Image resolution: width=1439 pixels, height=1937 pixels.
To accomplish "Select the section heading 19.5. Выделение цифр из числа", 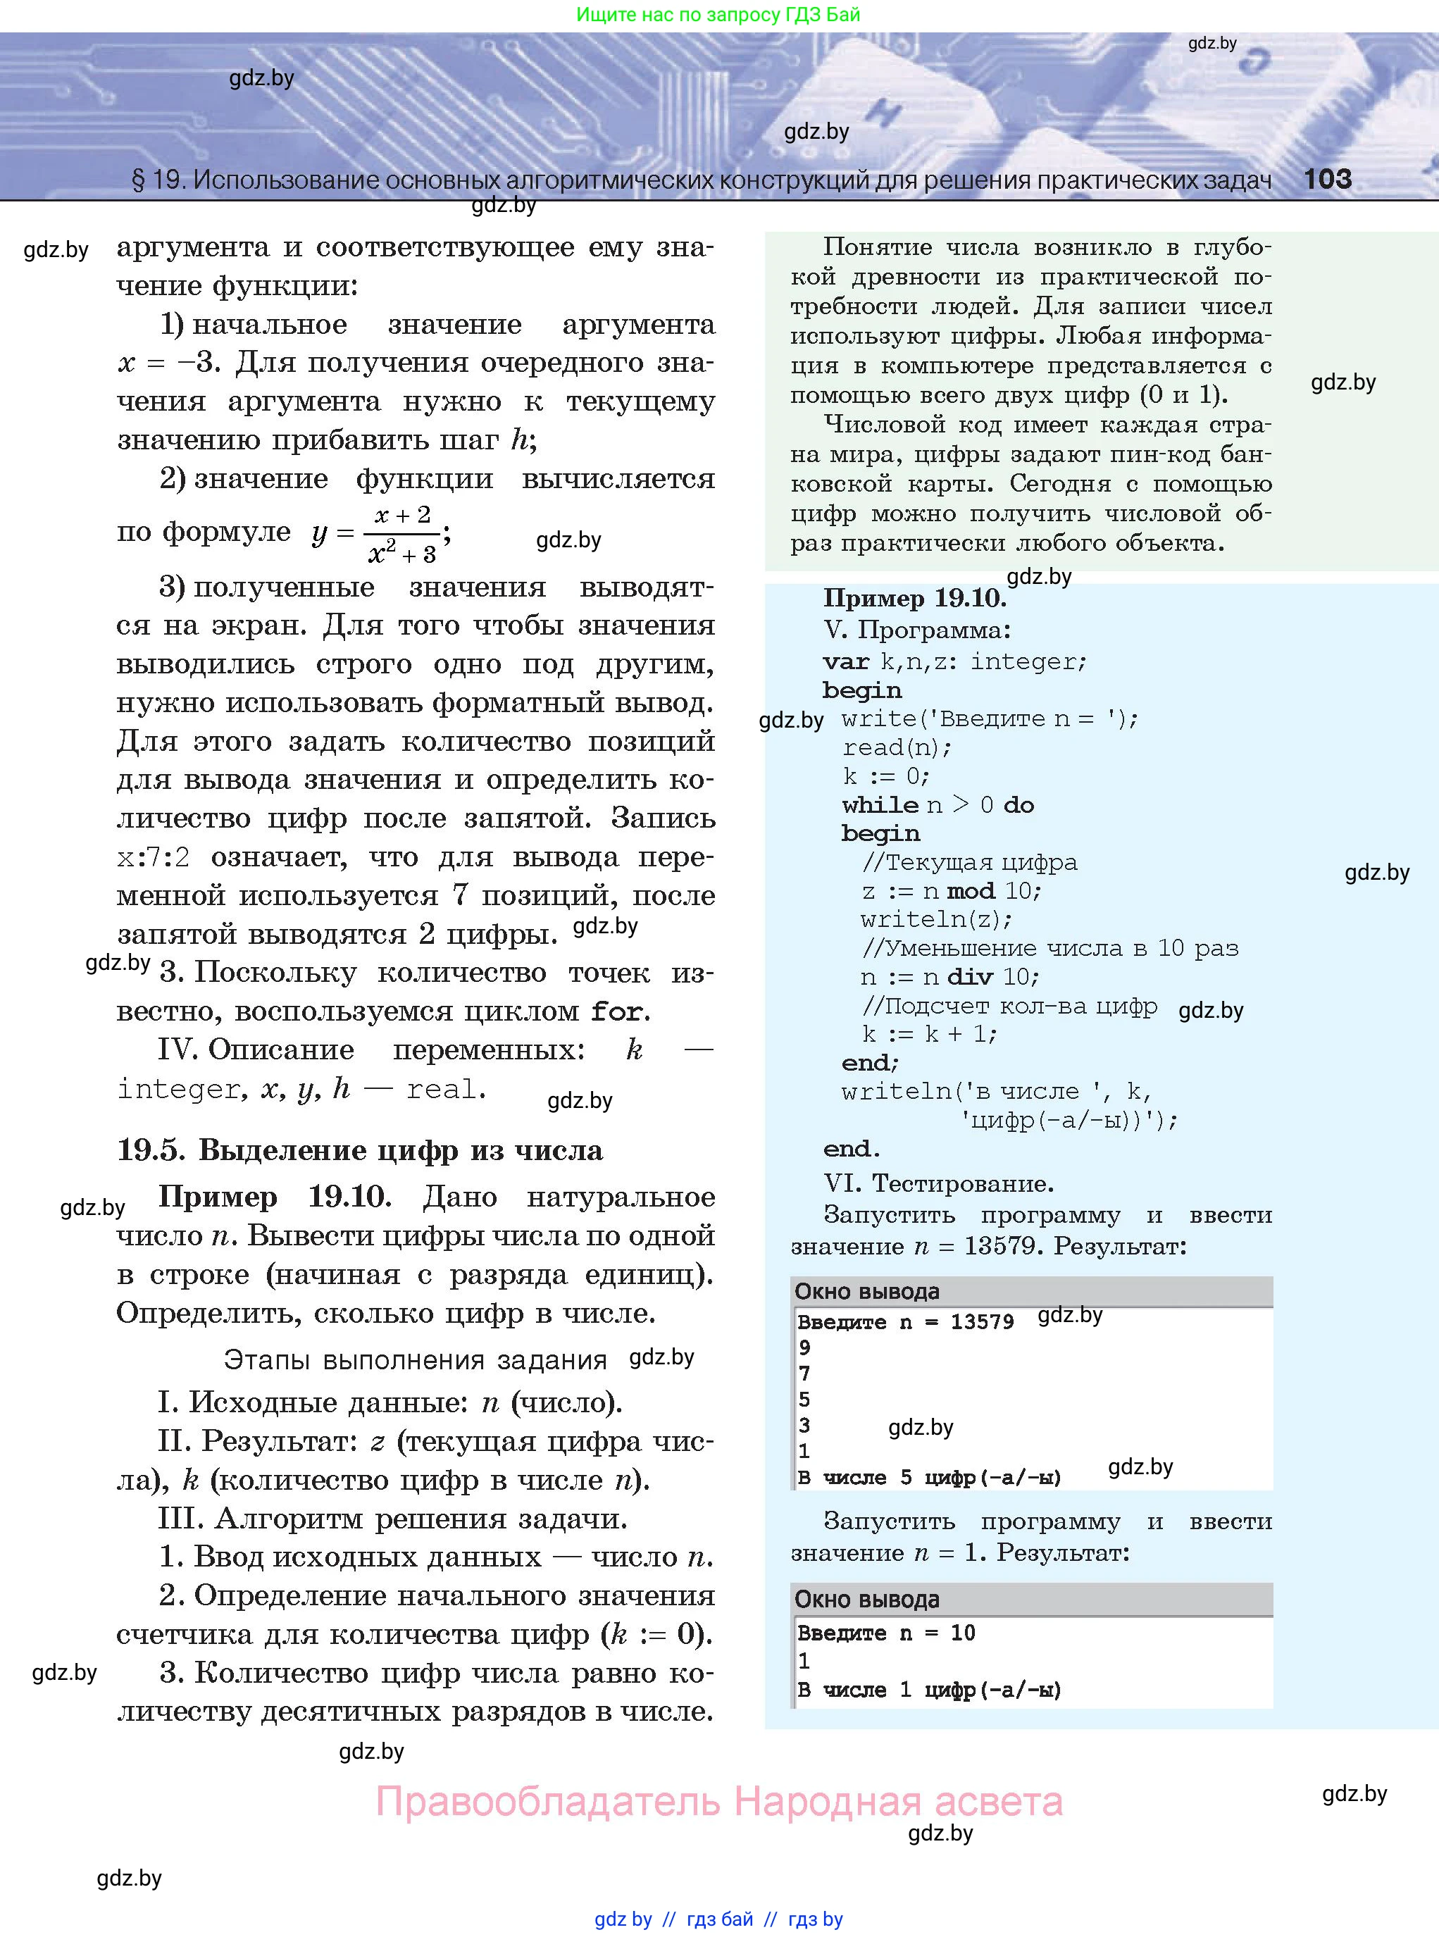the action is coord(360,1150).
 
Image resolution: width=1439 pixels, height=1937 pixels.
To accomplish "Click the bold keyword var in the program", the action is coord(846,662).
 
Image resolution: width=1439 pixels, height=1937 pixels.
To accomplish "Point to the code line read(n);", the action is coord(897,747).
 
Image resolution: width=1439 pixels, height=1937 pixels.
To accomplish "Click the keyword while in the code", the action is coord(880,805).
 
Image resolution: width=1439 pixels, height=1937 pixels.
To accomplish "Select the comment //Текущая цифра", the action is coord(968,862).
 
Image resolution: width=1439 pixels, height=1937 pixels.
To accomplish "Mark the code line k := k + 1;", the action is coord(928,1034).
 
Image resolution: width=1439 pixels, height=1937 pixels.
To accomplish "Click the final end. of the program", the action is coord(851,1149).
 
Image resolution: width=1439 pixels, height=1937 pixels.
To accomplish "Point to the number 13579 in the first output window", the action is coord(982,1322).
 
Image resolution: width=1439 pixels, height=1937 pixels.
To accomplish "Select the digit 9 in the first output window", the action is coord(804,1348).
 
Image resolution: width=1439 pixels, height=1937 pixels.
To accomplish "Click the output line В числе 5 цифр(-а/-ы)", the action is coord(928,1477).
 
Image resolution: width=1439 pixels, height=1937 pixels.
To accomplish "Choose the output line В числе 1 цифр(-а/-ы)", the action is coord(928,1690).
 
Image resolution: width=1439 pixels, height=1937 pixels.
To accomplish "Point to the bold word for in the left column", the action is coord(617,1011).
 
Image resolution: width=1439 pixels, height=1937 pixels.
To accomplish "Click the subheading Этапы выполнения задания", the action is coord(415,1359).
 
